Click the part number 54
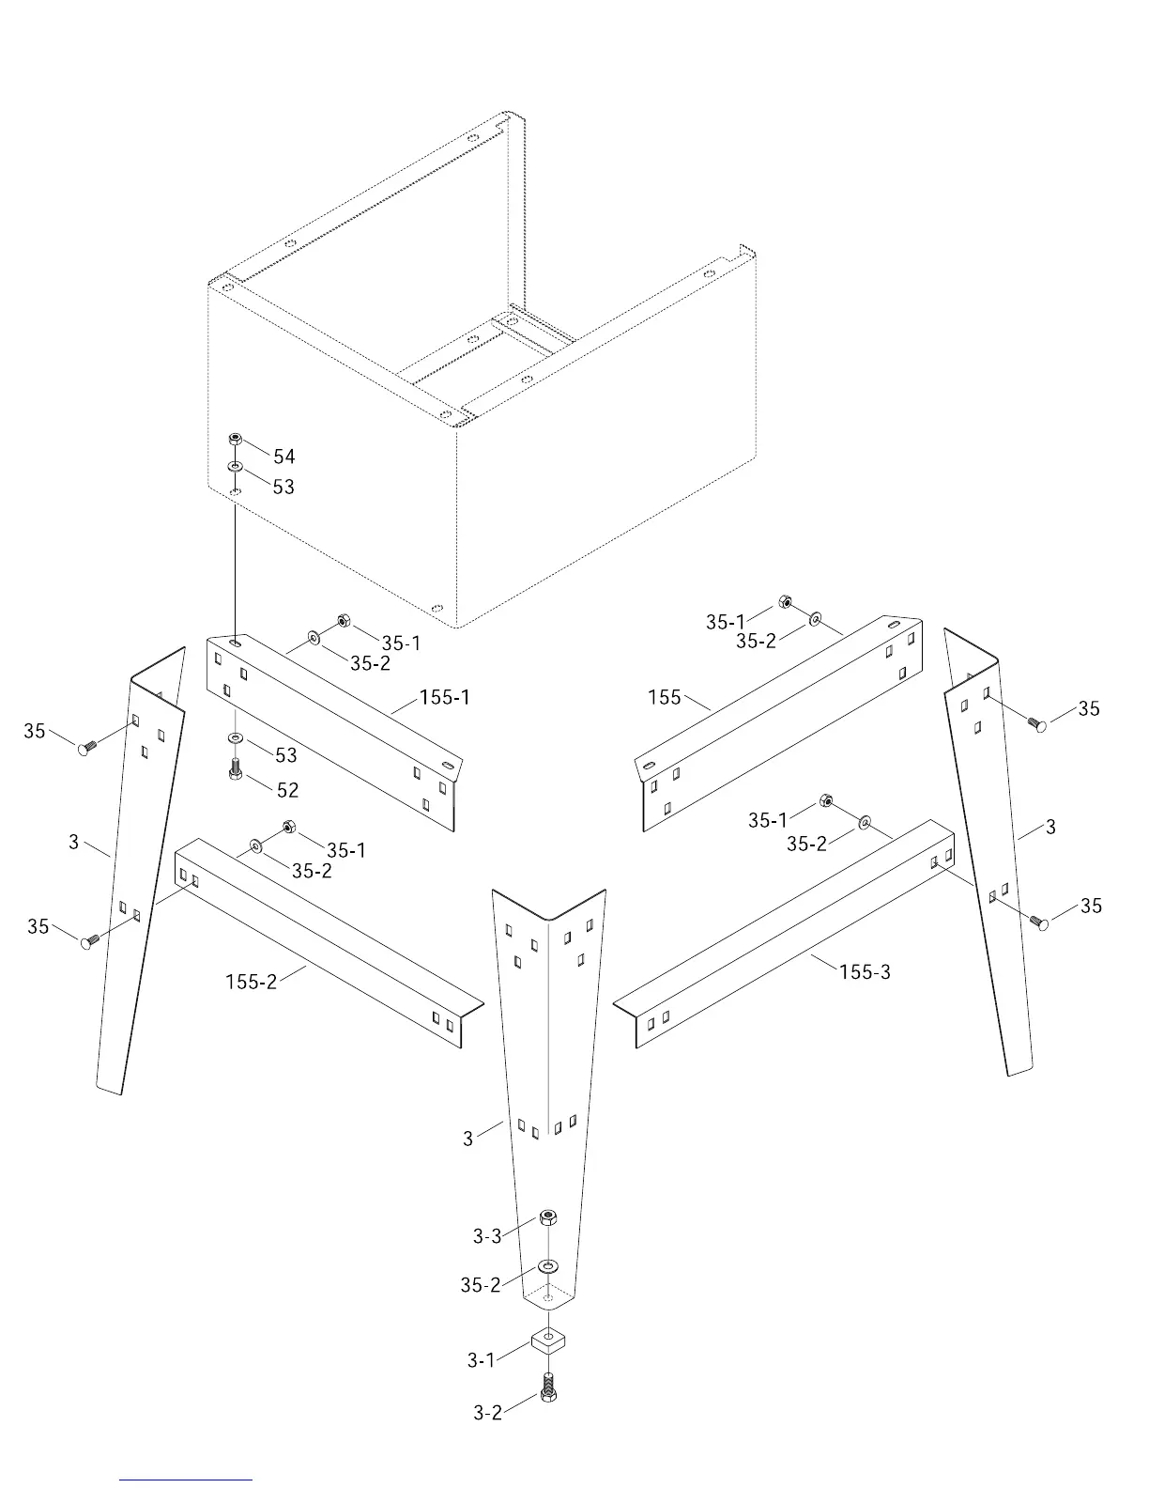pyautogui.click(x=283, y=457)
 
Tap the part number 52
pyautogui.click(x=287, y=790)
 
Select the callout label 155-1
pyautogui.click(x=445, y=697)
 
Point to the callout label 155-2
pyautogui.click(x=252, y=982)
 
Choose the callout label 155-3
pyautogui.click(x=865, y=972)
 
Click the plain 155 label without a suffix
pyautogui.click(x=664, y=697)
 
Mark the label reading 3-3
pyautogui.click(x=487, y=1236)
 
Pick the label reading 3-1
pyautogui.click(x=481, y=1359)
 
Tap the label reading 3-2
pyautogui.click(x=487, y=1412)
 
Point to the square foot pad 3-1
pyautogui.click(x=547, y=1339)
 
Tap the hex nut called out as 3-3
pyautogui.click(x=549, y=1218)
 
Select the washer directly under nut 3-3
pyautogui.click(x=548, y=1265)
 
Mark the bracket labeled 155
pyautogui.click(x=779, y=723)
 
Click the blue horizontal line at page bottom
pyautogui.click(x=186, y=1480)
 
